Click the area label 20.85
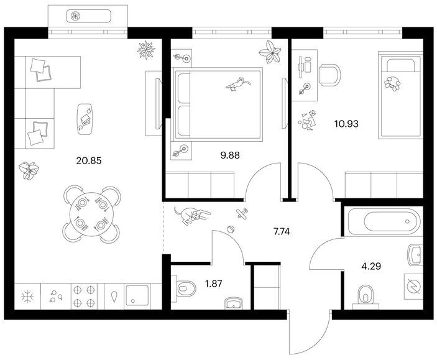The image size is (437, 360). (x=89, y=160)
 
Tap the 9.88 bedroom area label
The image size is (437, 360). (x=230, y=155)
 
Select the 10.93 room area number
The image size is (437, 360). (x=346, y=124)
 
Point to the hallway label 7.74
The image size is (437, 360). (x=282, y=231)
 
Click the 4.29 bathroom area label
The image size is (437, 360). (x=371, y=266)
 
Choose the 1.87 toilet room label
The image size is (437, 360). (x=213, y=284)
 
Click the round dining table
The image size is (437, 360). (x=92, y=214)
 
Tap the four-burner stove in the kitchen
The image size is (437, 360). (x=84, y=297)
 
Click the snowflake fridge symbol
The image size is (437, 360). (x=27, y=297)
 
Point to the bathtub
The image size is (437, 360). (x=384, y=221)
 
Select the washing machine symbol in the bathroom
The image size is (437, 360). (x=413, y=287)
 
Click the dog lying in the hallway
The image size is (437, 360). (x=191, y=215)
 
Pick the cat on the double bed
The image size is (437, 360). (x=237, y=84)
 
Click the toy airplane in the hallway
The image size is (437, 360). (x=242, y=213)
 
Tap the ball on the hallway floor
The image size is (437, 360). (x=231, y=229)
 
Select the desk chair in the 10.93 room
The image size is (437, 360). (x=330, y=75)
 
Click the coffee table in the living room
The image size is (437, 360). (x=85, y=119)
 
